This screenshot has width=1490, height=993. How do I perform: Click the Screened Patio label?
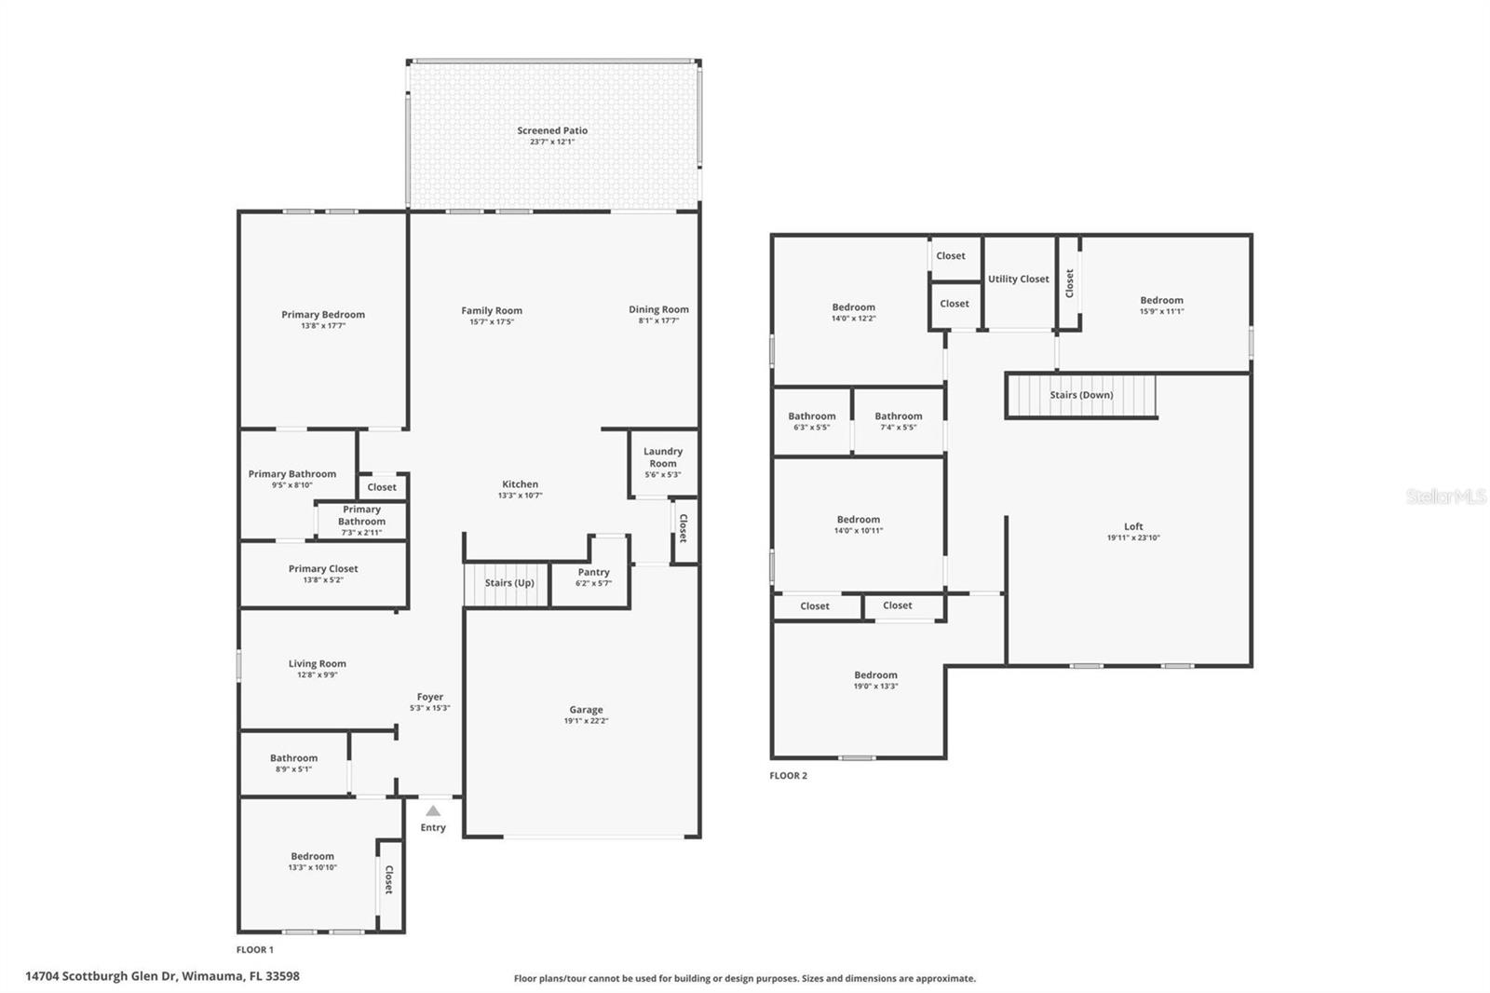(x=552, y=130)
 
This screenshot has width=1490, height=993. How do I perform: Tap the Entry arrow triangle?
(x=433, y=810)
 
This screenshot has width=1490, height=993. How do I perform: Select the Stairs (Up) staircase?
(x=507, y=584)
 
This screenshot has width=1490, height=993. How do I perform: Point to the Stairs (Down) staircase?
(x=1082, y=395)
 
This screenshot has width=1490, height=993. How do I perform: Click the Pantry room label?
(x=593, y=572)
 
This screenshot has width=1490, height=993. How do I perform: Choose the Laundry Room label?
(x=663, y=457)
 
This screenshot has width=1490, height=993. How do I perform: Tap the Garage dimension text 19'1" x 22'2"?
(x=586, y=721)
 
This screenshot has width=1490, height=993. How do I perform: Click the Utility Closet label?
(x=1019, y=279)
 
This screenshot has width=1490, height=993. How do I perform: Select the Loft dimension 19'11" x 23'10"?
(x=1133, y=537)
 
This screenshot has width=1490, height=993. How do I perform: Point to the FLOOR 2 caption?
(x=788, y=775)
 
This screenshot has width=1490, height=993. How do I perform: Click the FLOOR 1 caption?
(x=255, y=950)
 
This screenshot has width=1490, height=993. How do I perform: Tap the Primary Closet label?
(x=323, y=568)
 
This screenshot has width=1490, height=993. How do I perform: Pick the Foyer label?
(x=429, y=697)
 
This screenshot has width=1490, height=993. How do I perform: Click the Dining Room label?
(x=658, y=309)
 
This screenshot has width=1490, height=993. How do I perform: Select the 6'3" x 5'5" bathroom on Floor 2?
(x=811, y=421)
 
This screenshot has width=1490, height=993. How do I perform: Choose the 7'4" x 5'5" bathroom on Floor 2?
(x=899, y=421)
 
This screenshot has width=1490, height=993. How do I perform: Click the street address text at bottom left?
(x=162, y=975)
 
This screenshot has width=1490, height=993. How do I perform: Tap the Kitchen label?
(x=521, y=484)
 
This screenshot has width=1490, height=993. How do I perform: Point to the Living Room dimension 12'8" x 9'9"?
(x=318, y=674)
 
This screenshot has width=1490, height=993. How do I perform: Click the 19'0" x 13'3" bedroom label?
(x=876, y=680)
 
